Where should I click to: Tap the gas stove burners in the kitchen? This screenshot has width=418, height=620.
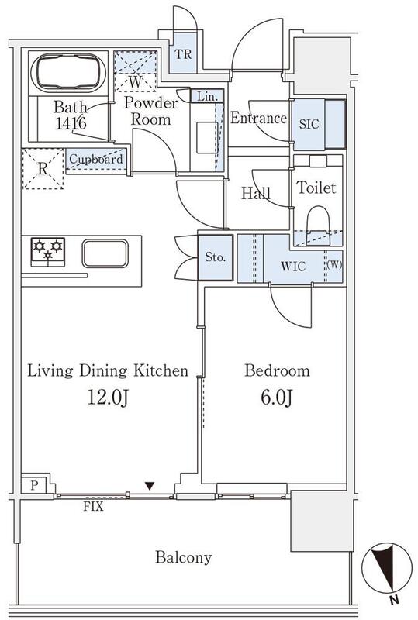(48, 251)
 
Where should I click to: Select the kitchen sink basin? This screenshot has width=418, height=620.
(105, 253)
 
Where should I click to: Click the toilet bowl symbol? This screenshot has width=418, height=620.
(319, 224)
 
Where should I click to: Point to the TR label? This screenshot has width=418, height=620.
(183, 54)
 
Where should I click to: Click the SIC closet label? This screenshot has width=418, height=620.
(309, 124)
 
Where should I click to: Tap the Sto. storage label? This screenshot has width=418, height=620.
(216, 257)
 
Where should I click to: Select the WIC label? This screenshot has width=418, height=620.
(293, 266)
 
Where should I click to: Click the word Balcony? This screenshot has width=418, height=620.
(184, 557)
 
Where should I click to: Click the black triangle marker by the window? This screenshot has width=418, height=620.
(149, 486)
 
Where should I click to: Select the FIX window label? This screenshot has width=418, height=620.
(93, 506)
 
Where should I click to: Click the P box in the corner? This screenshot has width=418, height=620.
(34, 485)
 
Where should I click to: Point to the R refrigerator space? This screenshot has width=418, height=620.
(43, 169)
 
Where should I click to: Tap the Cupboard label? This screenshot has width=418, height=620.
(96, 160)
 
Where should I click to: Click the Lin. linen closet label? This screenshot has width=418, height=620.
(207, 96)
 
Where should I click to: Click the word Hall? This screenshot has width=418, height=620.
(256, 193)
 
